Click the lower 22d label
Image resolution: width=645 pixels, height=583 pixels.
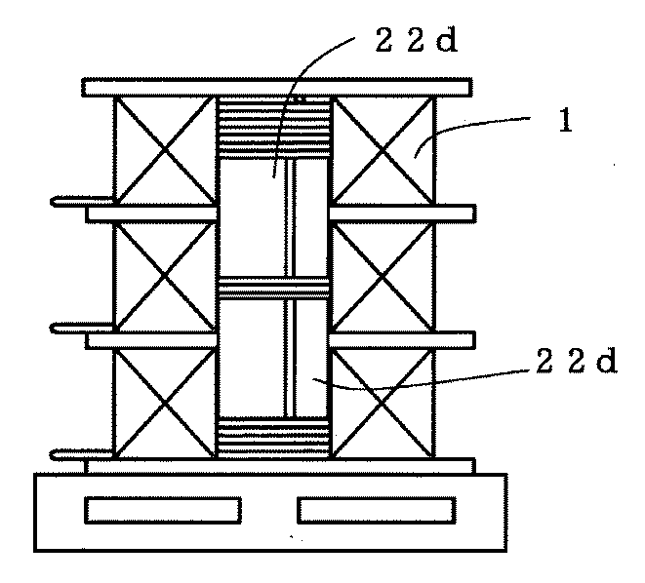tap(577, 362)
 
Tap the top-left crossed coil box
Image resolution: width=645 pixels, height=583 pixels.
tap(164, 149)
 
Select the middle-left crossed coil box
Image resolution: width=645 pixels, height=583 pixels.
tap(164, 276)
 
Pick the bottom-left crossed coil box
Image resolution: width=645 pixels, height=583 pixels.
tap(164, 403)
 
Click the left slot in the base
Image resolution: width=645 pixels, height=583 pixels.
tap(163, 510)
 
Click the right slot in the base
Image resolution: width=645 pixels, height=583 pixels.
tap(376, 510)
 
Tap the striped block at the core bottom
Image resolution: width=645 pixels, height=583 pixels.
tap(273, 436)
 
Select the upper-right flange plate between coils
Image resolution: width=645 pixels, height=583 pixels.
tap(403, 213)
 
